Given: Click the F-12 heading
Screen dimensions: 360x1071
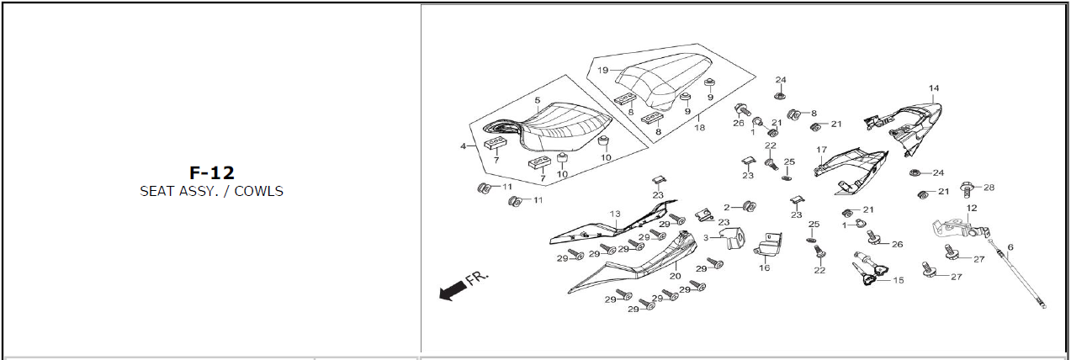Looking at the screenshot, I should pyautogui.click(x=211, y=172).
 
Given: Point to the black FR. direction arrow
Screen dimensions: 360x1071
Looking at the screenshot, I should pyautogui.click(x=453, y=289).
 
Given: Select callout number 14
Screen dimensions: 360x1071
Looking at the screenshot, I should pyautogui.click(x=933, y=88).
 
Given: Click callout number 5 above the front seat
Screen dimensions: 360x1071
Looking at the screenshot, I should pyautogui.click(x=537, y=100).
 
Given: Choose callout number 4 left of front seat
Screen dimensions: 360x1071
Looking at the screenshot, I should pyautogui.click(x=463, y=146).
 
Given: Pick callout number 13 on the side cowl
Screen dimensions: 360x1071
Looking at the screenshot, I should pyautogui.click(x=615, y=214).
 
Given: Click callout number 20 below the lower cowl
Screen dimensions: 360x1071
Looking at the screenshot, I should pyautogui.click(x=675, y=276).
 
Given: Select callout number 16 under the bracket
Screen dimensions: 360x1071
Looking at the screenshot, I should pyautogui.click(x=764, y=267).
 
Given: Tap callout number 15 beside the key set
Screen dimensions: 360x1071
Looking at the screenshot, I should pyautogui.click(x=899, y=280).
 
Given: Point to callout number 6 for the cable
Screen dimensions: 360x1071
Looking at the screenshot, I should pyautogui.click(x=1010, y=246).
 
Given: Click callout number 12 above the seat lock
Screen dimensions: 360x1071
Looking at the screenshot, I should pyautogui.click(x=972, y=208).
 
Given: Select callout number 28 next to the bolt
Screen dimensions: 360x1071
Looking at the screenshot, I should pyautogui.click(x=989, y=187).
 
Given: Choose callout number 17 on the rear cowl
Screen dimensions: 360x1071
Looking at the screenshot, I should pyautogui.click(x=821, y=151).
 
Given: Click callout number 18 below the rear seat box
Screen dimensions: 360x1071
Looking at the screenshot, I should pyautogui.click(x=698, y=129).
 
